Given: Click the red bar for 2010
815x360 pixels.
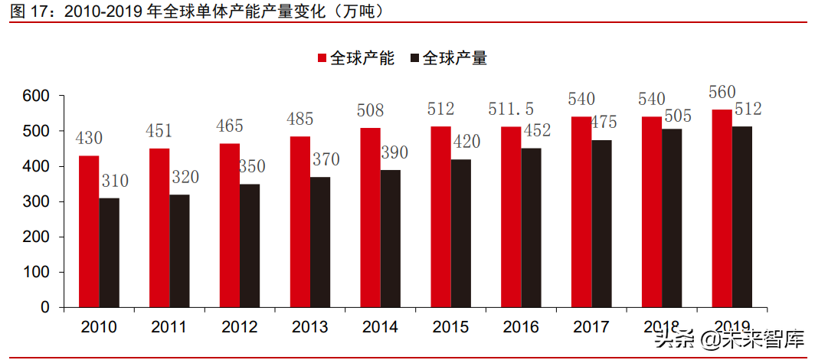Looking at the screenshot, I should pos(89,231).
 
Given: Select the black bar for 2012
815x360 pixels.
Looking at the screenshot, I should pos(250,245).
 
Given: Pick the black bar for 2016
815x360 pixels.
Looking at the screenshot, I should pos(532,227).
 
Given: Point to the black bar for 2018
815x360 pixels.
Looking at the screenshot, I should pos(672,218).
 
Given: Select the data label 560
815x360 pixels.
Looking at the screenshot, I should pos(722,92).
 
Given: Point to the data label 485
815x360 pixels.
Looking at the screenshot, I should pos(299,119).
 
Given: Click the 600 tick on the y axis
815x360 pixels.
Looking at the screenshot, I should pos(36,96).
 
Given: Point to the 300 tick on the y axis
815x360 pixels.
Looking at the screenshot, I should pos(36,201).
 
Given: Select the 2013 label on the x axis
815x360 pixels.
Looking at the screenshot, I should pos(309,327).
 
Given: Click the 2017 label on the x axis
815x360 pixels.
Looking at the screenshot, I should pos(591,327).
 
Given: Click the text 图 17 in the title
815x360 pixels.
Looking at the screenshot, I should pos(28,12).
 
